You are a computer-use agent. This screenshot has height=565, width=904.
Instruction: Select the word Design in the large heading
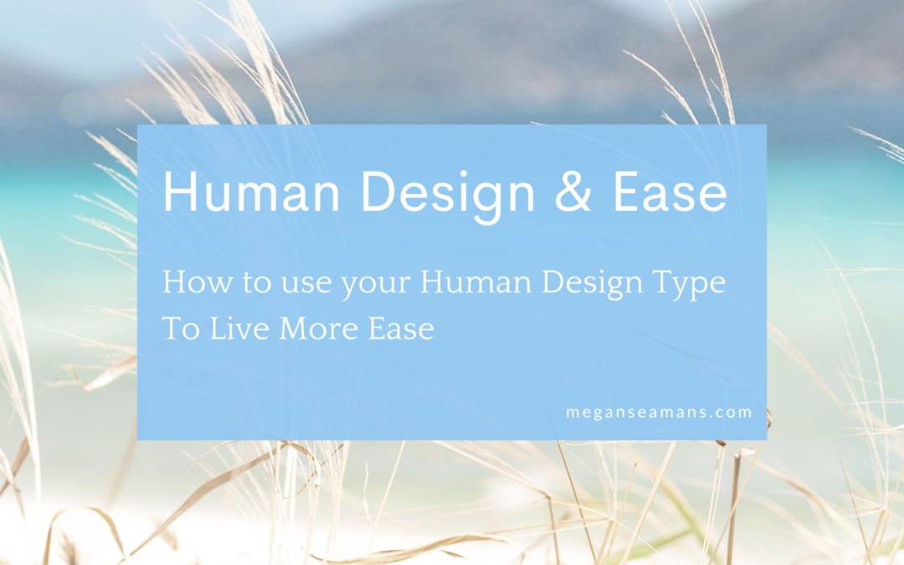click(x=447, y=193)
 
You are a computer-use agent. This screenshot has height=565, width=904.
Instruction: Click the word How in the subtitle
click(x=191, y=282)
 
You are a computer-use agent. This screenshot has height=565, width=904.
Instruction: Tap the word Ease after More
click(x=401, y=329)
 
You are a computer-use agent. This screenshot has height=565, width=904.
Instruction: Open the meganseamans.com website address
click(x=657, y=412)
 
